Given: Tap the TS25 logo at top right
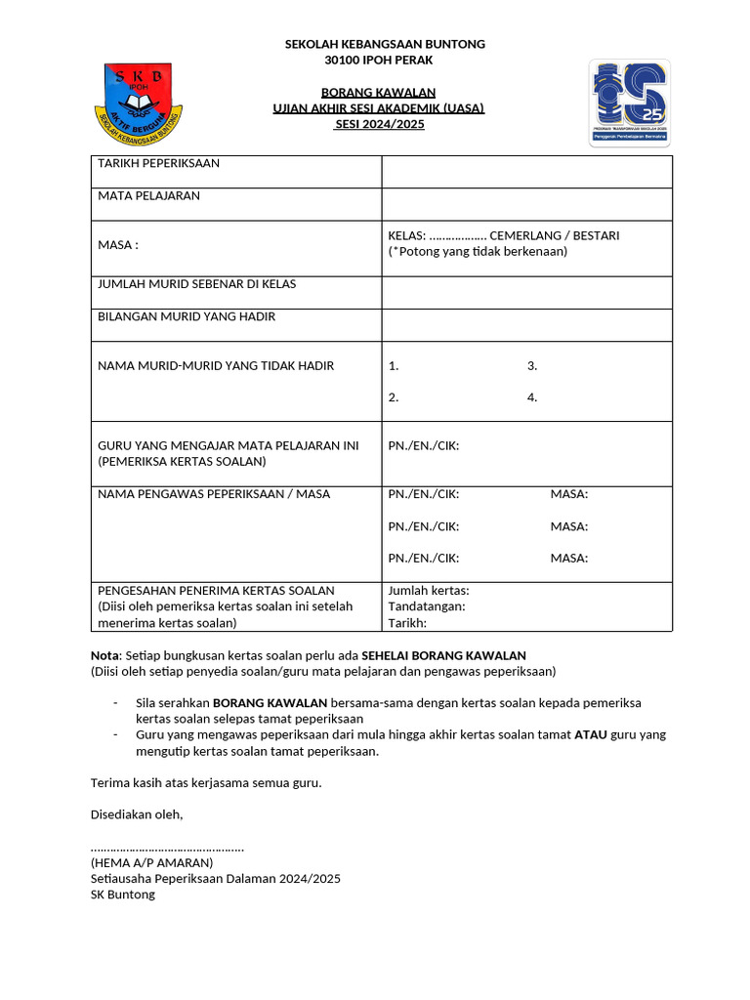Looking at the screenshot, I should click(x=629, y=103).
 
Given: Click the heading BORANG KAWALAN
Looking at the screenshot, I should click(x=379, y=92).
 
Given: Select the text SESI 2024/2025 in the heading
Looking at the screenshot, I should click(x=379, y=124).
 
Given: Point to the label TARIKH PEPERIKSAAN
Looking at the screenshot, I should click(x=158, y=163).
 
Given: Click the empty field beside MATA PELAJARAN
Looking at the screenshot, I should click(x=526, y=204).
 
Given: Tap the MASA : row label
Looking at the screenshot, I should click(x=118, y=244).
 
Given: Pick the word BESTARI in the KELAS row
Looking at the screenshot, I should click(x=596, y=235).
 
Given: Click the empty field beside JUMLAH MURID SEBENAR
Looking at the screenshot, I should click(x=526, y=292).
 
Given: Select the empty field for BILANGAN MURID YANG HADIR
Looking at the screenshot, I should click(x=526, y=325).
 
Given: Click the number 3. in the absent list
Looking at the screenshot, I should click(x=532, y=366).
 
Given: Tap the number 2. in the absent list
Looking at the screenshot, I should click(x=394, y=397).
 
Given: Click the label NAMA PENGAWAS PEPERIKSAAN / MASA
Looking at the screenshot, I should click(x=214, y=494).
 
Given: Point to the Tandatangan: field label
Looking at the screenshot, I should click(x=427, y=606).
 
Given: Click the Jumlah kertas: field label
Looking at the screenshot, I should click(x=429, y=591).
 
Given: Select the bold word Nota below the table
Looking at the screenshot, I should click(x=104, y=655).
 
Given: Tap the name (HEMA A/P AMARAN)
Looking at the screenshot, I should click(x=151, y=862).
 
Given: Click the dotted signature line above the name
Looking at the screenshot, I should click(x=167, y=847).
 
